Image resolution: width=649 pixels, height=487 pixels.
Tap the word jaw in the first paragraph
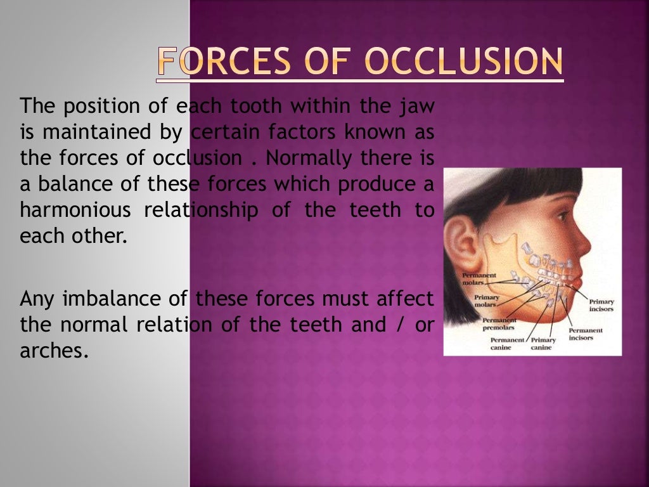tap(418, 105)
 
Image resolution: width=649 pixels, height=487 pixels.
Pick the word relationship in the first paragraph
tap(201, 210)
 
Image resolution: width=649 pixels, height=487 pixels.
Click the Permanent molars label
tap(479, 279)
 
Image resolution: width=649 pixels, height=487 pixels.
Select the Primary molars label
tap(486, 301)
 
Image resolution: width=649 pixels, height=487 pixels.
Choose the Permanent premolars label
tap(499, 323)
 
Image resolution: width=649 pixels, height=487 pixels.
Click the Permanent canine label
tap(507, 343)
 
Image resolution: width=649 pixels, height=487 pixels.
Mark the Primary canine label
tap(543, 343)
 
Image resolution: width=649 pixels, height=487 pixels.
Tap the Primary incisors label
tap(601, 305)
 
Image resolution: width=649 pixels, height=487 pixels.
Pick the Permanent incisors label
tap(585, 334)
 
